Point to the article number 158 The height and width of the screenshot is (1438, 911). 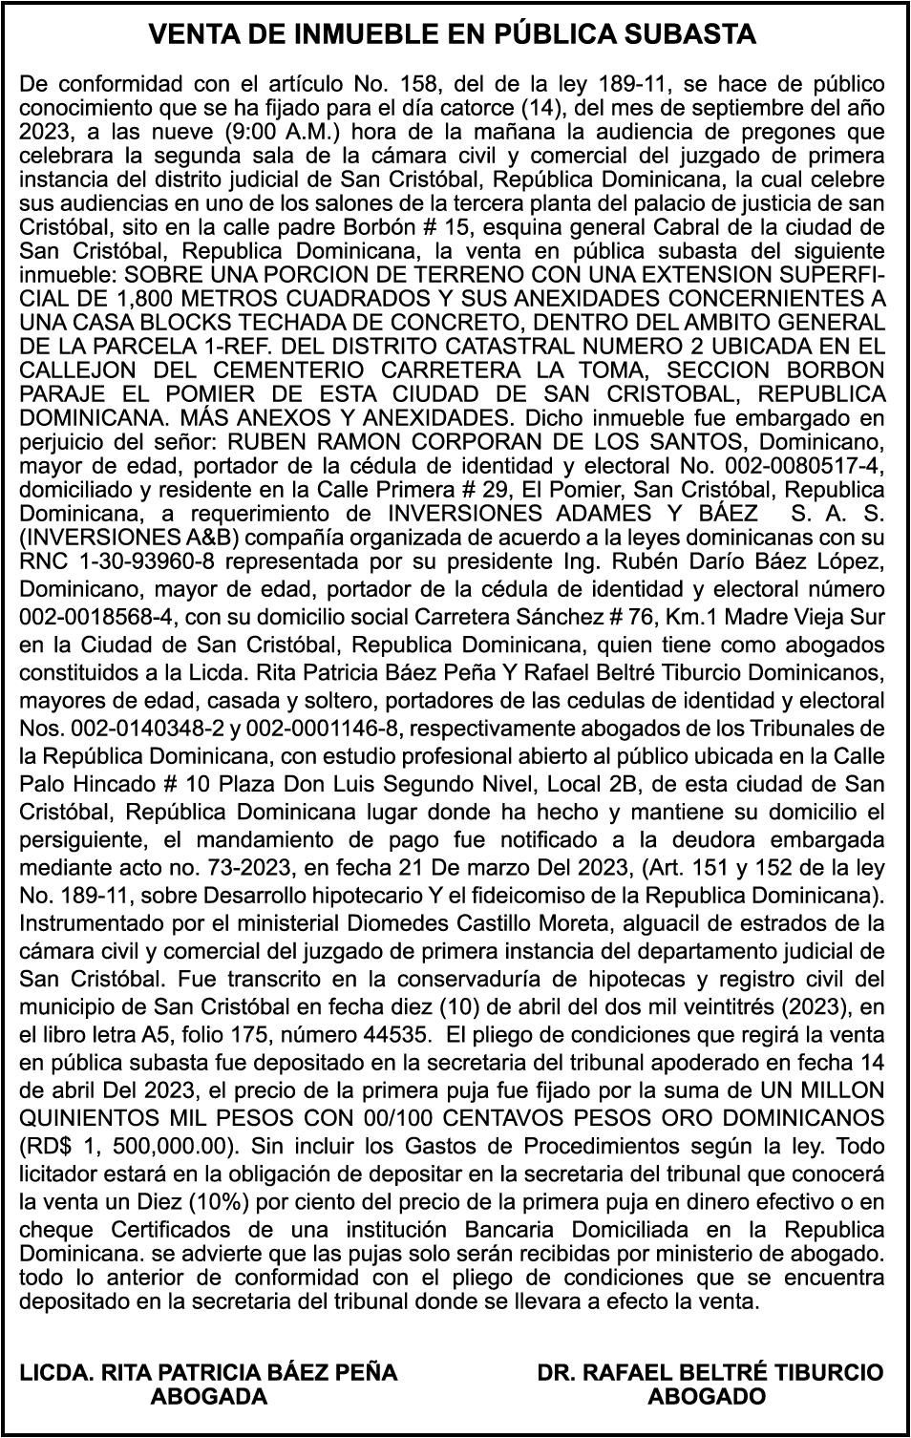click(414, 84)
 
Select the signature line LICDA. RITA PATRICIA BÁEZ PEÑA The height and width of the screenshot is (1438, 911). click(209, 1373)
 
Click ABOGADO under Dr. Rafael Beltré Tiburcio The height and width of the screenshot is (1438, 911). click(708, 1397)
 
